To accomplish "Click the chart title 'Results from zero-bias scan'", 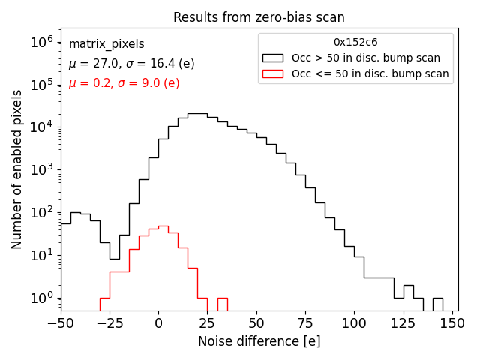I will [259, 17].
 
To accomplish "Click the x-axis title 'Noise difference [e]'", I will [259, 341].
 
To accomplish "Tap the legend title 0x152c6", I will [355, 42].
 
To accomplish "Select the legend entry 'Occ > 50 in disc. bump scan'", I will [366, 58].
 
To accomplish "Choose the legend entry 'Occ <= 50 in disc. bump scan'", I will [370, 73].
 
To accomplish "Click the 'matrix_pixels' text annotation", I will [106, 44].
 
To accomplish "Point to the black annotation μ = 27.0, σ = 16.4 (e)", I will [131, 64].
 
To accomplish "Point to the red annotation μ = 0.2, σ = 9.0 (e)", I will [124, 83].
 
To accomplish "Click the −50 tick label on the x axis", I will [60, 323].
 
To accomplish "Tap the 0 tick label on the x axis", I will [158, 323].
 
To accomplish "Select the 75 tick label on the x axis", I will [305, 323].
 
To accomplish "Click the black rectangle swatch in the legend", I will [274, 58].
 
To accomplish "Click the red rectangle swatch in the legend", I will [274, 73].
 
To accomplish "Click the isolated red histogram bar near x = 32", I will [222, 304].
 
